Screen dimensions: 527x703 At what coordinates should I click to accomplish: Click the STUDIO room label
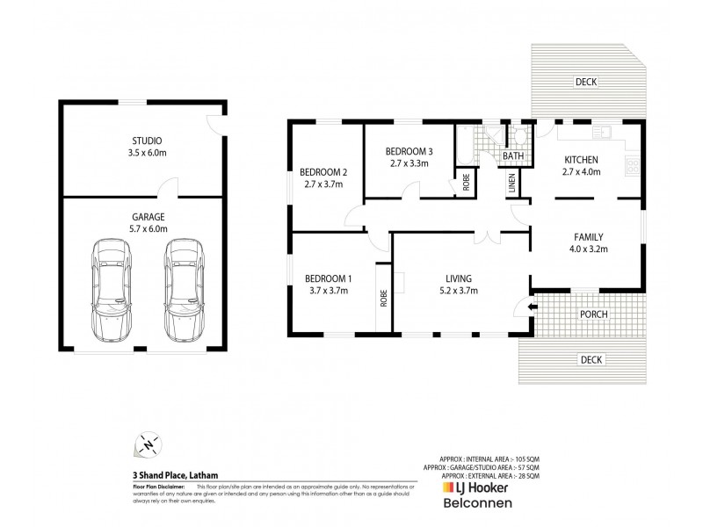pos(146,141)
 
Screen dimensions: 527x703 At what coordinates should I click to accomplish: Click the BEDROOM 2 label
pos(324,171)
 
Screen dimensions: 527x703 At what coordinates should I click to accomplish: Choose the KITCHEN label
pos(581,159)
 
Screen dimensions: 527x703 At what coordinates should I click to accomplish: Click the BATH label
pos(511,157)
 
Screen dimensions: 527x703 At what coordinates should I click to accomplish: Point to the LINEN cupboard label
pos(511,184)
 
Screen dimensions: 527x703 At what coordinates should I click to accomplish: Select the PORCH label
pos(594,314)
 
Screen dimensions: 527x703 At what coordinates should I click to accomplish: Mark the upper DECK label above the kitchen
pos(585,83)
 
